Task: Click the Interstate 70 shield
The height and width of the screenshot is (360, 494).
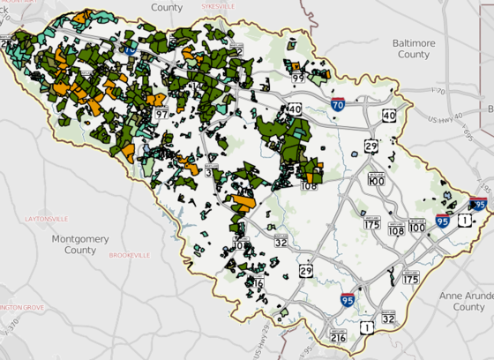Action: [338, 104]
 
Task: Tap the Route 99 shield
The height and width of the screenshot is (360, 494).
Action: [298, 78]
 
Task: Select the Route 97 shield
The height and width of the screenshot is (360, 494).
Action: [161, 113]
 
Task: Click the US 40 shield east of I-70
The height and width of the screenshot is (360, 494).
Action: [389, 116]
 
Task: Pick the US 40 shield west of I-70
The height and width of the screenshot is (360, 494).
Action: [293, 109]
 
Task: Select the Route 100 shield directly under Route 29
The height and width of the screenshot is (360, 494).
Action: [377, 177]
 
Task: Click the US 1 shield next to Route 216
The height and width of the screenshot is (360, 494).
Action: [365, 328]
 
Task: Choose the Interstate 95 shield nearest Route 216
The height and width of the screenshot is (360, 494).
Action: [348, 302]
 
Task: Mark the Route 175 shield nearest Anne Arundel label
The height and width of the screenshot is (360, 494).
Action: [410, 279]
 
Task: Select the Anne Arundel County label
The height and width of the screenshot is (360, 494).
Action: [467, 301]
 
